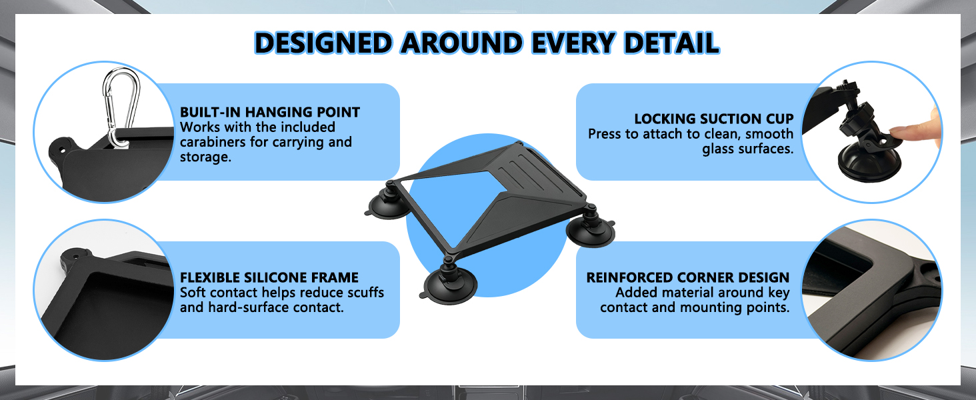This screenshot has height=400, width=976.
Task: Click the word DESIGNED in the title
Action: coord(324,43)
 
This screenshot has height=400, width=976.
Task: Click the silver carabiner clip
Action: coord(121,107)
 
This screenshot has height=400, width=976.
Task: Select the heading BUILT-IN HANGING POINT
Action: coord(270,112)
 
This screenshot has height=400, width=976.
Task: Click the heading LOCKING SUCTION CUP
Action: coord(714,119)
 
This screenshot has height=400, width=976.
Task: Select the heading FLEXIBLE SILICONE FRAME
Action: coord(269,277)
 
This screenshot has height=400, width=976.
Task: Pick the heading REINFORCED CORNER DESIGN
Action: coord(687,277)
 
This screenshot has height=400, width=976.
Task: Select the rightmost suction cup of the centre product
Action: coord(591,227)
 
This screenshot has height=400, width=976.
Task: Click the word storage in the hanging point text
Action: coord(205,157)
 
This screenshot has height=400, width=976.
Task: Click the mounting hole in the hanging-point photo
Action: coord(62,150)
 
